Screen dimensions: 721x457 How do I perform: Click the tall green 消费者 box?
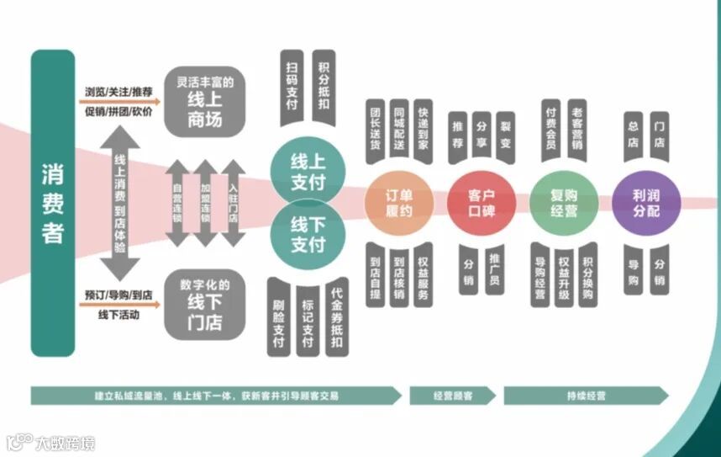coord(52,202)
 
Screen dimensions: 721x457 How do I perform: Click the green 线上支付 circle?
coord(308,169)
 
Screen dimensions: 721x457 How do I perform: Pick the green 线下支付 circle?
coord(308,235)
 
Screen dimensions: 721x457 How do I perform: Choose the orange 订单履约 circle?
coord(398,203)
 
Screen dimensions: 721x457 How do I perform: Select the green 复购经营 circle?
coord(564,203)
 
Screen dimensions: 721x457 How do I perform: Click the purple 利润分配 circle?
coord(646,203)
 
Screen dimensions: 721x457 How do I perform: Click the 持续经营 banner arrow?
coord(586,396)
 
